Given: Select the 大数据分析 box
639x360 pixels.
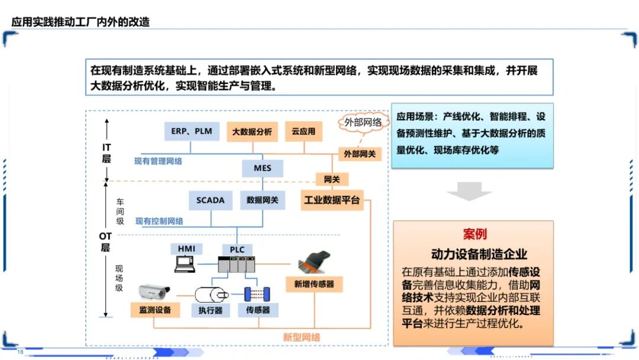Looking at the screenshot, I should [x=252, y=131].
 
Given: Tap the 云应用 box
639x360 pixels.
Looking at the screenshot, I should [x=304, y=131].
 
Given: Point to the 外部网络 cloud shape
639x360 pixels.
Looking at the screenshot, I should [x=364, y=123].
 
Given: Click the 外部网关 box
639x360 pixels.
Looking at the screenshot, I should [x=360, y=153].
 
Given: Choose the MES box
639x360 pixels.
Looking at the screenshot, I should [x=263, y=168].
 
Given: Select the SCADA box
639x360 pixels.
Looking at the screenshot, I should [x=211, y=200].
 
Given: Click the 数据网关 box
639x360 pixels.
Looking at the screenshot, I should [x=263, y=200].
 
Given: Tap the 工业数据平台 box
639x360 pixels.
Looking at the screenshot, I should [x=332, y=200].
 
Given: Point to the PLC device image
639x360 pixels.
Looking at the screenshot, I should [x=236, y=265].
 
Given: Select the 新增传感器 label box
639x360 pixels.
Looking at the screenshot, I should [x=314, y=284].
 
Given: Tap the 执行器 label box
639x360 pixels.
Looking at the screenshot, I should [x=210, y=310].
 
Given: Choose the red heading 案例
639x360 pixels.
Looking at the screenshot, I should [x=474, y=233].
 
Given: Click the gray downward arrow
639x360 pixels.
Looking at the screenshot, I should [x=469, y=191].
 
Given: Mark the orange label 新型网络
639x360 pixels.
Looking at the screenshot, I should [x=301, y=337].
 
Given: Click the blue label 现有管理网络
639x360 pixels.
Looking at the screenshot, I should [x=158, y=160].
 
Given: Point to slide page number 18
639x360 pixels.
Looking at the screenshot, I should [x=20, y=352].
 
